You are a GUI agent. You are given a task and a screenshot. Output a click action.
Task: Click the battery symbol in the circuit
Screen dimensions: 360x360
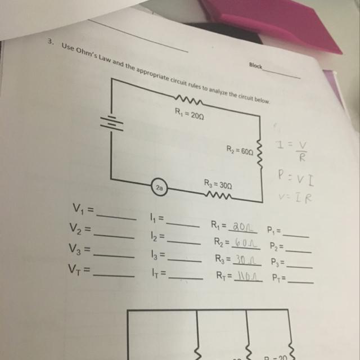111,124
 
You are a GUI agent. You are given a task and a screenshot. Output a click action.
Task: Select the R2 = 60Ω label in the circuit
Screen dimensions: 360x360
240,150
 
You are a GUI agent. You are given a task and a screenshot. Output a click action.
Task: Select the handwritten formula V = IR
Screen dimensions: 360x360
295,197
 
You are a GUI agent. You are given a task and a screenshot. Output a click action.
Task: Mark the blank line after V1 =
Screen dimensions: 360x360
116,216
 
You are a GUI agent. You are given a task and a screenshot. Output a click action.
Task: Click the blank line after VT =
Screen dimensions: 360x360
114,275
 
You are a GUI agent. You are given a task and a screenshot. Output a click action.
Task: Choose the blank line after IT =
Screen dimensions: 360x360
185,277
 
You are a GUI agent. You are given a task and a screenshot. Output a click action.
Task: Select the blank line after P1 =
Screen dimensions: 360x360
296,233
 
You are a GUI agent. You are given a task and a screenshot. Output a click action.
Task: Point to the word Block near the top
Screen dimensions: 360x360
255,66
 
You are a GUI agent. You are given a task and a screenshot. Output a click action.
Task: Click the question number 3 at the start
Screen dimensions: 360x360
50,43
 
